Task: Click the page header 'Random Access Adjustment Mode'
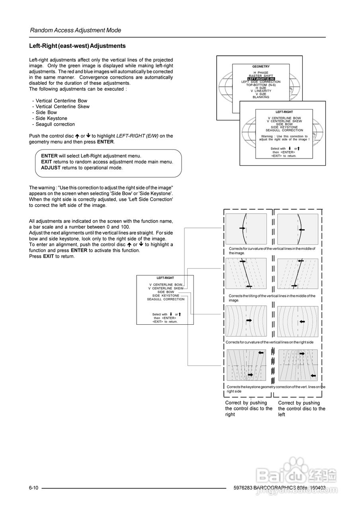click(x=76, y=30)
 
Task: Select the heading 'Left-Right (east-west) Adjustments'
click(x=77, y=46)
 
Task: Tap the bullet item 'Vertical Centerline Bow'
click(x=61, y=101)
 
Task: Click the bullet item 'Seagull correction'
click(x=55, y=124)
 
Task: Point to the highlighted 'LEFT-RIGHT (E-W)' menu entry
click(x=261, y=79)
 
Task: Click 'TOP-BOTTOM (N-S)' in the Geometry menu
click(x=261, y=85)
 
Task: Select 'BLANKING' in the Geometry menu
click(x=261, y=97)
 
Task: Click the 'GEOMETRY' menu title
click(x=261, y=67)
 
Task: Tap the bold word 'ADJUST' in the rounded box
click(x=51, y=168)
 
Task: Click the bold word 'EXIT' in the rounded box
click(x=47, y=162)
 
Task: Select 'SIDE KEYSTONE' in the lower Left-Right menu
click(x=166, y=296)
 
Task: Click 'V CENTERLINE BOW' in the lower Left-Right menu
click(x=166, y=285)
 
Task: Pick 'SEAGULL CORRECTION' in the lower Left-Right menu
click(x=166, y=299)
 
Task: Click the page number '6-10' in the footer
click(x=33, y=488)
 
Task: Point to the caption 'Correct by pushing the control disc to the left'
click(x=301, y=408)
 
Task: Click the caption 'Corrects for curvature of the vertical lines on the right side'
click(x=270, y=342)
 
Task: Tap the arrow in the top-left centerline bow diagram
click(x=242, y=228)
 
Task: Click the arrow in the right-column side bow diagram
click(x=302, y=320)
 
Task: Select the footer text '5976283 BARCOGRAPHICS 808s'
click(x=269, y=488)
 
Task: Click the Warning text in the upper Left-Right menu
click(x=284, y=138)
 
